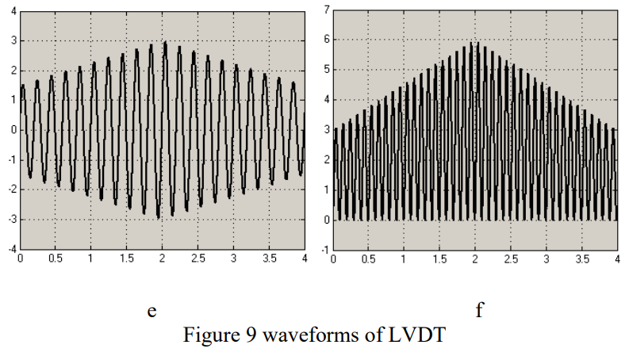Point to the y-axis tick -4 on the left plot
point(10,249)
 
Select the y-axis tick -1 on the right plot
point(324,251)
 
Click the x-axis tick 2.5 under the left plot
point(198,259)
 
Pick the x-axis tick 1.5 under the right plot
point(439,259)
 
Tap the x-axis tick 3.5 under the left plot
point(269,259)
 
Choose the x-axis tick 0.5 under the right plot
point(368,259)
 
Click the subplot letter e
point(151,312)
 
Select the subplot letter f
point(479,311)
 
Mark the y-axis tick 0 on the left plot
point(11,130)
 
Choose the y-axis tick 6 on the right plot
point(325,40)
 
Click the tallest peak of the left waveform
point(165,42)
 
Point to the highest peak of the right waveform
point(475,43)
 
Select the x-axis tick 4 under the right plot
point(616,259)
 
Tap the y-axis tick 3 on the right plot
point(325,130)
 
